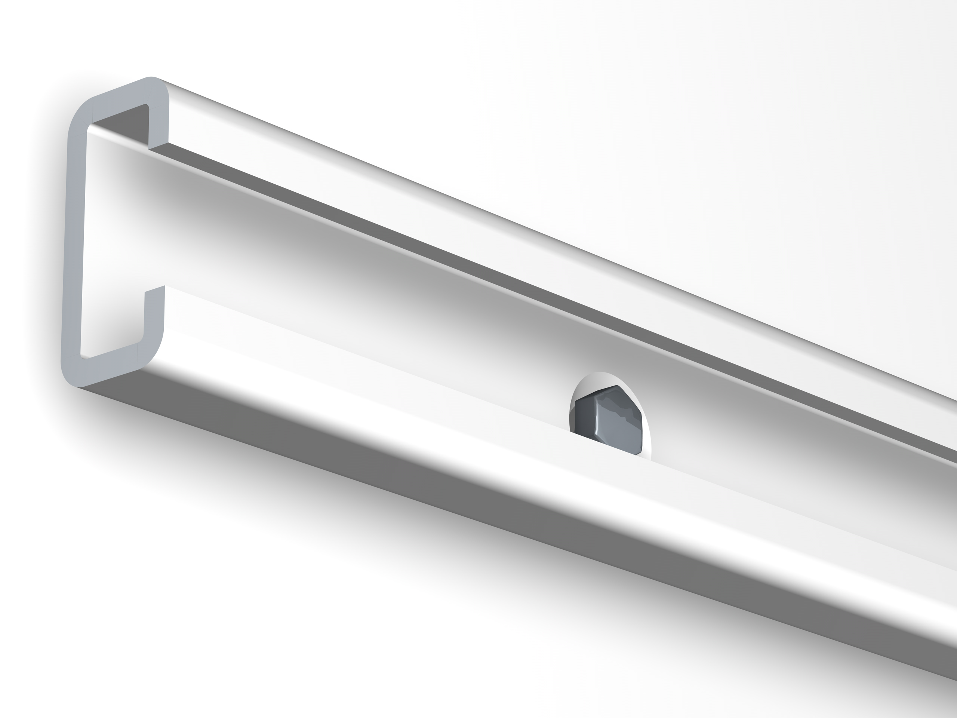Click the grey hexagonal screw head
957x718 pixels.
(x=610, y=420)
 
